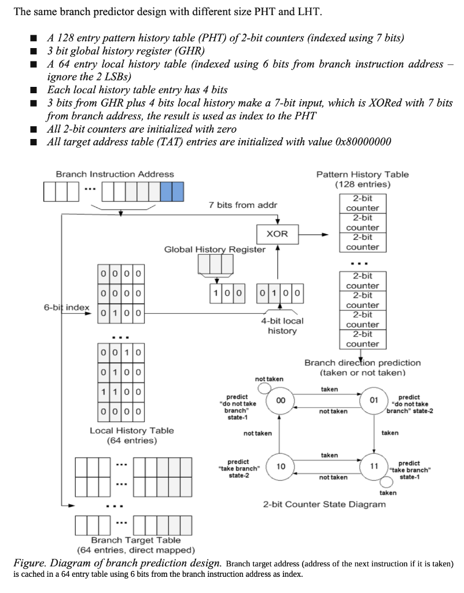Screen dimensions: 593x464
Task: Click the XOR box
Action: [278, 235]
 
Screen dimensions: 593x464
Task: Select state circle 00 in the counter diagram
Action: [280, 400]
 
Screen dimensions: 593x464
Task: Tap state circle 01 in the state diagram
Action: [374, 400]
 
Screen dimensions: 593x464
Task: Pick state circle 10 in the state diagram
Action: [280, 466]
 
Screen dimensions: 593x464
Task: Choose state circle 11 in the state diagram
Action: [374, 466]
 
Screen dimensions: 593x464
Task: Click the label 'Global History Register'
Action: [215, 250]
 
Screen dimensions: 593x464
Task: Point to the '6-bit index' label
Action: [66, 307]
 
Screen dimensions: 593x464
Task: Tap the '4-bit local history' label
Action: [282, 325]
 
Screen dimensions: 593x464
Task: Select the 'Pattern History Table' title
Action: [363, 174]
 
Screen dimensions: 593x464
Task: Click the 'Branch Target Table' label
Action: [135, 540]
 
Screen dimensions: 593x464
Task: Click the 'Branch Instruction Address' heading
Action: [115, 174]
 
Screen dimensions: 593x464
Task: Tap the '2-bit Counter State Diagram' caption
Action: [324, 504]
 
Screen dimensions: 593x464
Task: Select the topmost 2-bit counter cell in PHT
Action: [363, 203]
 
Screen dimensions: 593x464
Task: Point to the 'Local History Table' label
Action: [131, 430]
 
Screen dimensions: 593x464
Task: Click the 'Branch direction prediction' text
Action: [363, 363]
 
